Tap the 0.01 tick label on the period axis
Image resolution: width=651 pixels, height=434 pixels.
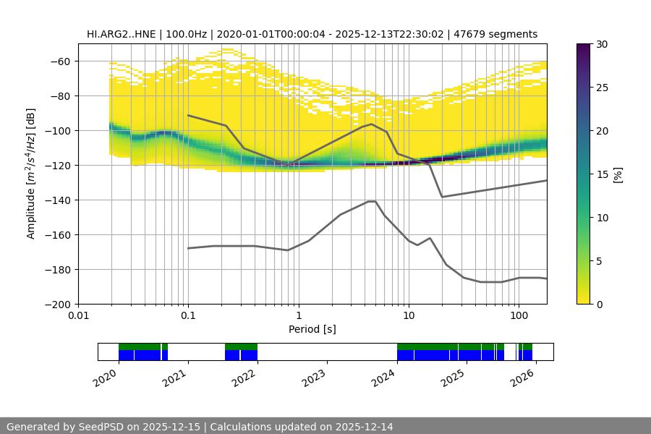point(78,316)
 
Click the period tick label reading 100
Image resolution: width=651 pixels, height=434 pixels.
point(518,316)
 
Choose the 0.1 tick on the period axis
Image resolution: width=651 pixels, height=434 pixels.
point(188,316)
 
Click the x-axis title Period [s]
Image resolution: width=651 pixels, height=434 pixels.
point(312,329)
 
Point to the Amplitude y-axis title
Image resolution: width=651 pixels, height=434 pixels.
point(30,174)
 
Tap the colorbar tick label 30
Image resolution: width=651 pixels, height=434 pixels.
point(601,44)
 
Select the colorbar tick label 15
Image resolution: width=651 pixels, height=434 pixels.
point(601,174)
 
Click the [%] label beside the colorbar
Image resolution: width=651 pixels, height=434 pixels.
point(617,174)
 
